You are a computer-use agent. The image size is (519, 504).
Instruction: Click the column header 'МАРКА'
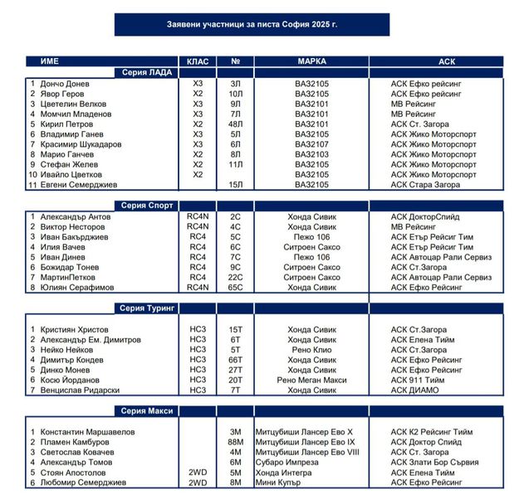pyautogui.click(x=311, y=61)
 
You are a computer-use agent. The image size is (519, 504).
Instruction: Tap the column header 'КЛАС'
pyautogui.click(x=198, y=61)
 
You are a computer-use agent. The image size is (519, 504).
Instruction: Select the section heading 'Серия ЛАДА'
pyautogui.click(x=147, y=73)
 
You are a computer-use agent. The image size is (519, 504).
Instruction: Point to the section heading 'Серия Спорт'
pyautogui.click(x=147, y=206)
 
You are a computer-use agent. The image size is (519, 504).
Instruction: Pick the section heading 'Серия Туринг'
pyautogui.click(x=147, y=308)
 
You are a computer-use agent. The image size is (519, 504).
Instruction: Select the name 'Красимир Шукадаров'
pyautogui.click(x=81, y=144)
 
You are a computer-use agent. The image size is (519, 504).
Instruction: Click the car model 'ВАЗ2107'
pyautogui.click(x=311, y=144)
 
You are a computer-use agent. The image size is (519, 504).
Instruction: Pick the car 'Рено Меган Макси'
pyautogui.click(x=311, y=380)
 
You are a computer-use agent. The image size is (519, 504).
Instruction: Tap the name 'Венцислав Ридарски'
pyautogui.click(x=80, y=390)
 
